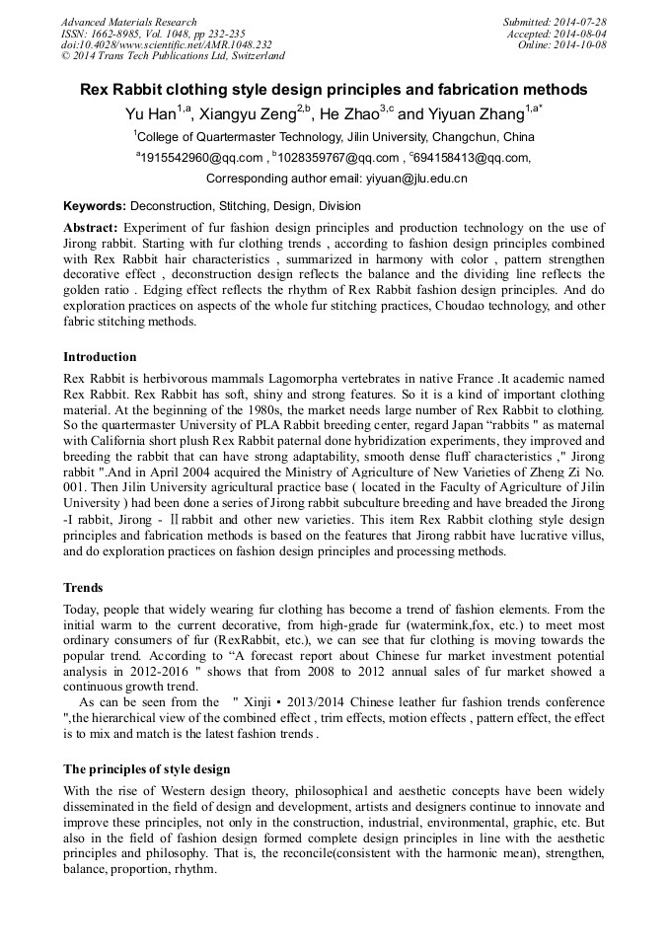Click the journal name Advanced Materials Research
pos(128,22)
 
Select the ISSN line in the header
pos(144,34)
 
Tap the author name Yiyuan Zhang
pos(477,114)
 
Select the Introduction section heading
pos(100,357)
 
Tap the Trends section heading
pos(83,588)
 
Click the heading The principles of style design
pos(147,768)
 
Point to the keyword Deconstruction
pos(171,207)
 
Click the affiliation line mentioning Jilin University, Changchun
pos(334,137)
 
